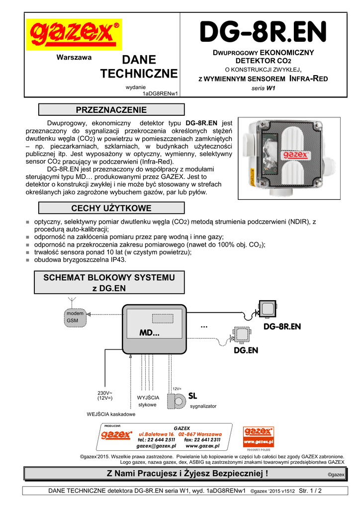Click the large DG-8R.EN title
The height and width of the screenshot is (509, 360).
(264, 33)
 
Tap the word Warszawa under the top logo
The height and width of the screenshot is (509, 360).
(74, 57)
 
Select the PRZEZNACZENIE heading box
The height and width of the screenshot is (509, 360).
(111, 110)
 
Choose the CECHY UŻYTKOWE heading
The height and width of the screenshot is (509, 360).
(111, 208)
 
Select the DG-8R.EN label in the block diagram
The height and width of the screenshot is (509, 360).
(282, 327)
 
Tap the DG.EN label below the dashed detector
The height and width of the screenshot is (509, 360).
(246, 350)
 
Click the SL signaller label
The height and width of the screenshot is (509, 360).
(193, 396)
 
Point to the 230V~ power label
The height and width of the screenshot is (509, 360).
(105, 395)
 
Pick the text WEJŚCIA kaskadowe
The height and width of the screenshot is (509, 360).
(111, 414)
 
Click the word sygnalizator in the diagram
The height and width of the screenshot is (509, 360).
(203, 406)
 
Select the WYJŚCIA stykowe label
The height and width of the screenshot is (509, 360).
(148, 401)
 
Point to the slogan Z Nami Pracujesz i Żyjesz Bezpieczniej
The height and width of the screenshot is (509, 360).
(187, 474)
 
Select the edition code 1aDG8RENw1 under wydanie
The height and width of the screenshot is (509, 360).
(160, 93)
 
